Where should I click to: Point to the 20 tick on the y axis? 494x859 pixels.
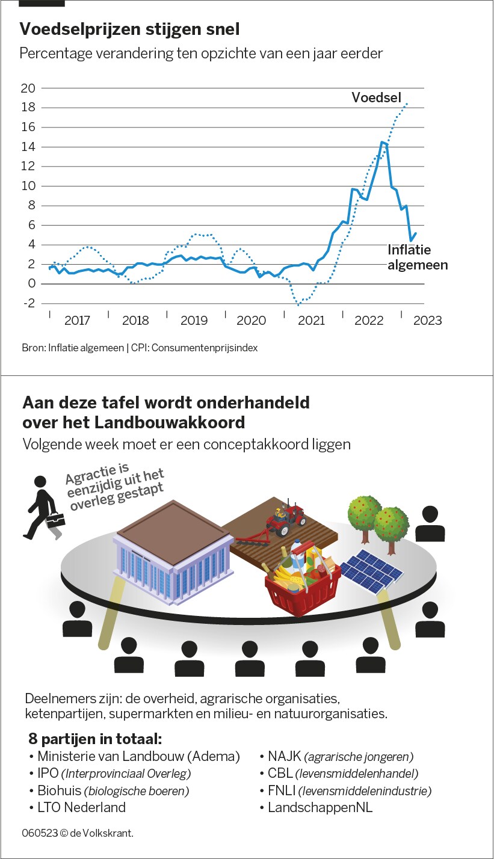(29, 88)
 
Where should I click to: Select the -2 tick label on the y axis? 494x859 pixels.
(28, 303)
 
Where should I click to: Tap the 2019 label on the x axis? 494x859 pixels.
(194, 321)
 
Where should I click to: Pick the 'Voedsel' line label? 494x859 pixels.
(377, 97)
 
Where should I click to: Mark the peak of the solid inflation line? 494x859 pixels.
(383, 143)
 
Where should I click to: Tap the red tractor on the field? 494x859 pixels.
(285, 519)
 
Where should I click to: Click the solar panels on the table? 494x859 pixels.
(372, 571)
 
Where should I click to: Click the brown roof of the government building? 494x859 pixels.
(173, 531)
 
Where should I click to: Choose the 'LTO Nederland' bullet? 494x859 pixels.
(82, 807)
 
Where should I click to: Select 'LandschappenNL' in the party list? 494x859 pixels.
(320, 807)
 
